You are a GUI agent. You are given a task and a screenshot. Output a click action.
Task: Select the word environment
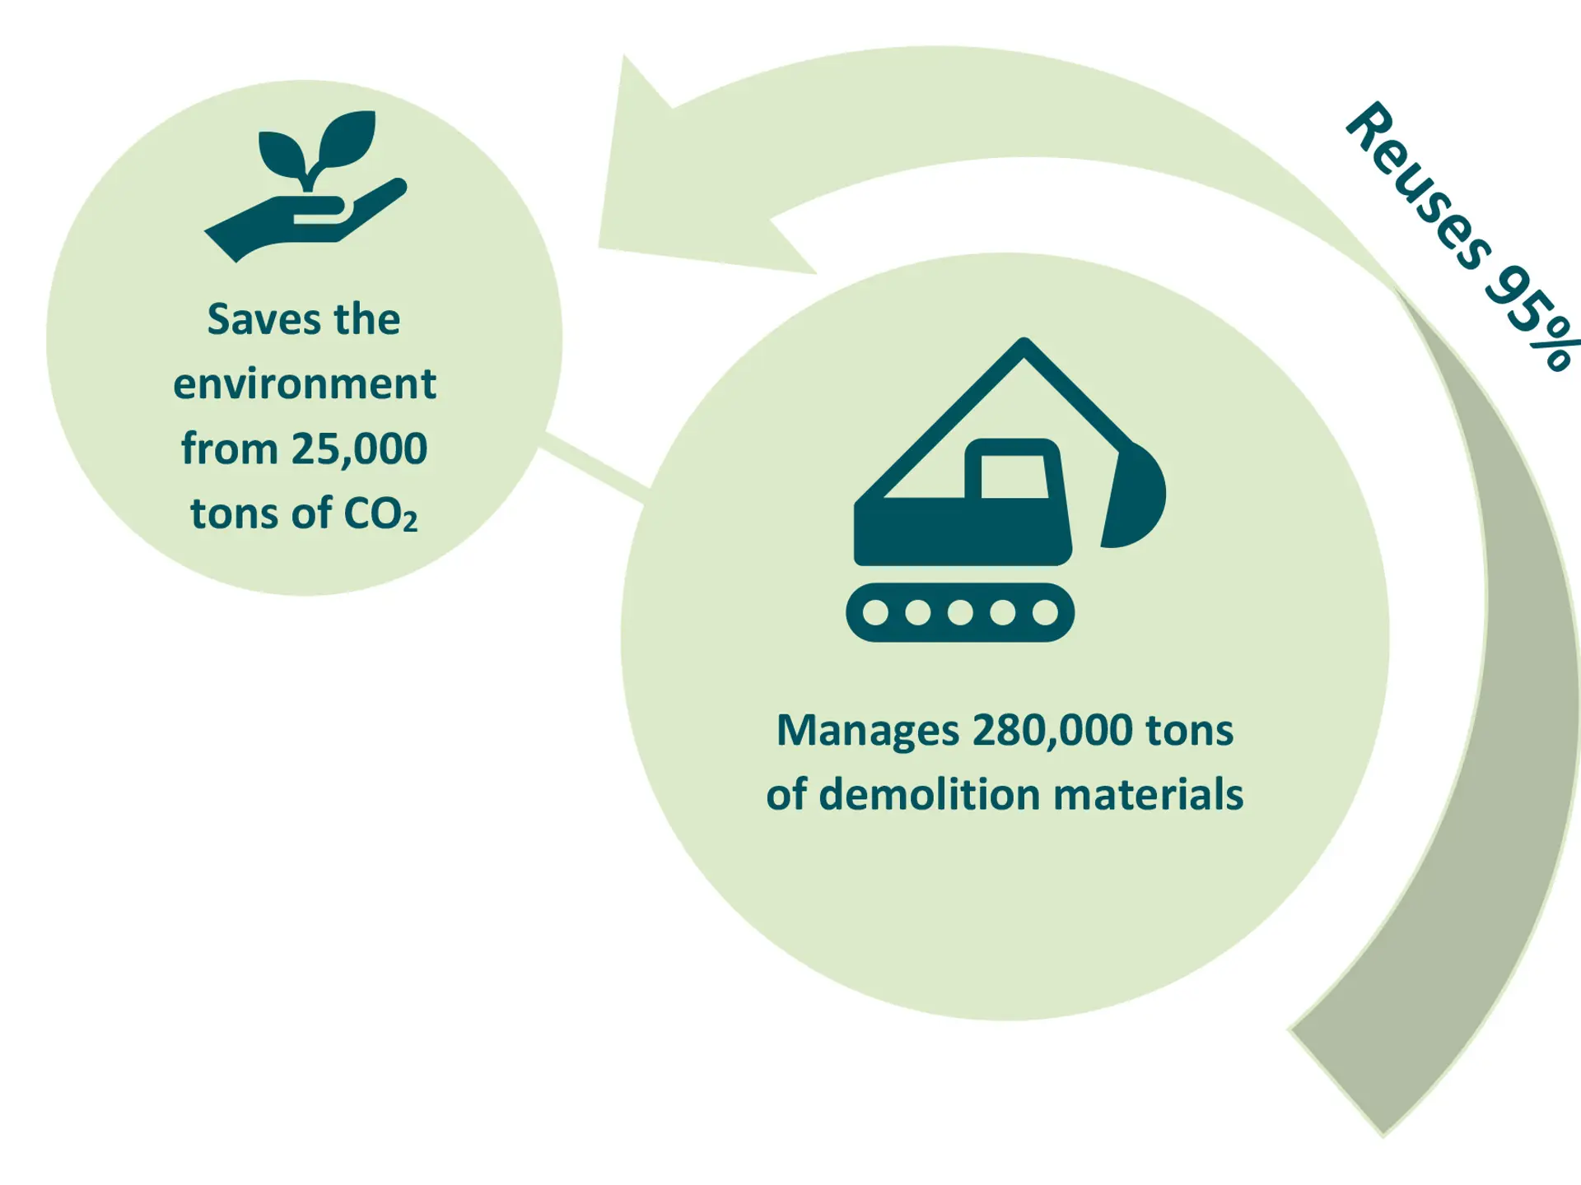305,384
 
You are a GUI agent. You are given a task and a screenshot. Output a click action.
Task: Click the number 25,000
359,449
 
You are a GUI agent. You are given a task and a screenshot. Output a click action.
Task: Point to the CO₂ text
380,513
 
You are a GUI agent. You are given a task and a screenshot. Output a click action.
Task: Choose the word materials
1148,795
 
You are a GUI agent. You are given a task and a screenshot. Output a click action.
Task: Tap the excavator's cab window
1014,476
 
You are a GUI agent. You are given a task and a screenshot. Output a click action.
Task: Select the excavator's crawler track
960,612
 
